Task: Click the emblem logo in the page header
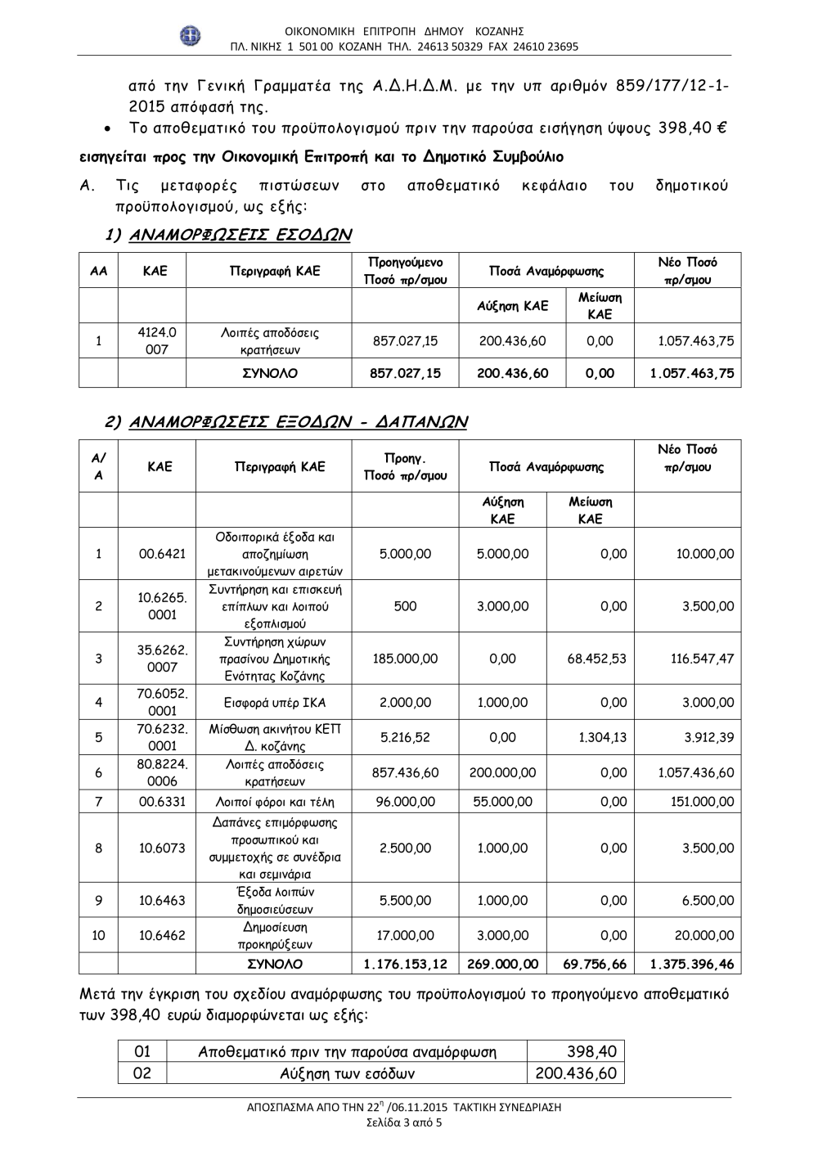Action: point(190,36)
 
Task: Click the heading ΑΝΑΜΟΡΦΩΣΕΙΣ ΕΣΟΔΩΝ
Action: point(229,236)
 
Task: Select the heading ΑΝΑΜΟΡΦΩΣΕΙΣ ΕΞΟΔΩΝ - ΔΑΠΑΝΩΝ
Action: point(287,422)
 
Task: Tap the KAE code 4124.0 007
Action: point(157,341)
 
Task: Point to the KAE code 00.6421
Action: point(162,554)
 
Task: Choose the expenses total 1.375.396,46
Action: point(691,965)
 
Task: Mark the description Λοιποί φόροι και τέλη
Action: point(275,803)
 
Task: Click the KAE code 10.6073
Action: point(162,848)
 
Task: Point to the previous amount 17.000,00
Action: point(405,936)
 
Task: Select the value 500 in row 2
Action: point(405,606)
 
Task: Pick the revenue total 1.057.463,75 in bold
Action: point(691,374)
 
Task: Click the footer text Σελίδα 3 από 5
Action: point(404,1122)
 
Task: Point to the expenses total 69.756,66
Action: point(595,965)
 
